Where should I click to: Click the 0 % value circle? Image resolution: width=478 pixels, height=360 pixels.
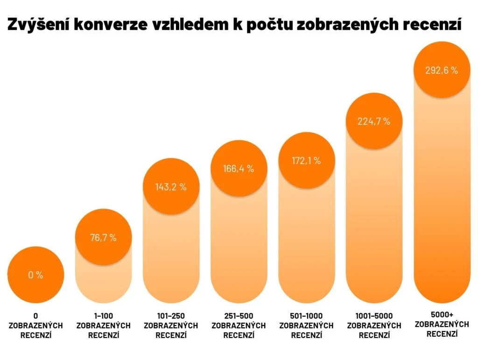pos(35,275)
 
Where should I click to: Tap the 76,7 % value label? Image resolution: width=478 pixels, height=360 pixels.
pos(103,237)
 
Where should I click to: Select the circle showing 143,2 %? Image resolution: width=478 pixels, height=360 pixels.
pos(171,187)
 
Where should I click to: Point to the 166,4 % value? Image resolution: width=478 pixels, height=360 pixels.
pos(239,168)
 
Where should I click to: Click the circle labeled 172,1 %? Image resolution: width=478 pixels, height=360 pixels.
pos(306,160)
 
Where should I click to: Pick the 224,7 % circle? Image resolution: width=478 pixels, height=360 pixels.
pos(374,121)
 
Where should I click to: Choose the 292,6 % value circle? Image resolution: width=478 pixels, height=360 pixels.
pos(442,70)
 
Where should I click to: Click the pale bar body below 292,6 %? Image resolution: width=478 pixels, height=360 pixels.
pos(442,196)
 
